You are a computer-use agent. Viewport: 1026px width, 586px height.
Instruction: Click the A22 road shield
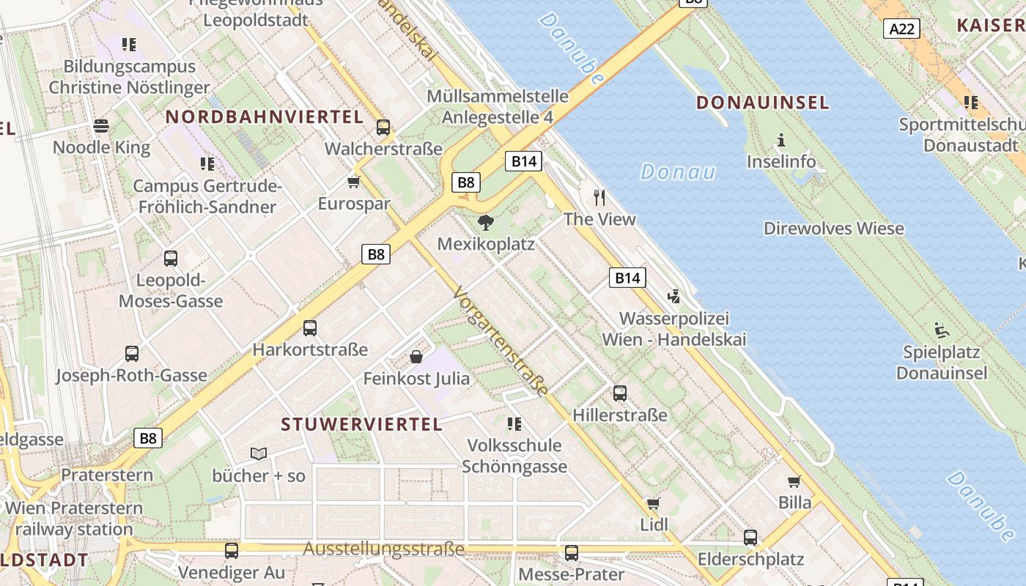click(x=901, y=29)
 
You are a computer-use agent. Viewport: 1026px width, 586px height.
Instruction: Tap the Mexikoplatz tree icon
click(x=485, y=222)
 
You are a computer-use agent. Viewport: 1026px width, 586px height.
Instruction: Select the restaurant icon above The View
click(x=599, y=197)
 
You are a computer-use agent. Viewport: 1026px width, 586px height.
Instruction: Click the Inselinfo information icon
click(x=781, y=140)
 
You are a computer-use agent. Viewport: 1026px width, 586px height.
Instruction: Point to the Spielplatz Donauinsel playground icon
click(x=942, y=330)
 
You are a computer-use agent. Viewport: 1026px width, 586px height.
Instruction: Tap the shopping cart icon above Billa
click(x=794, y=481)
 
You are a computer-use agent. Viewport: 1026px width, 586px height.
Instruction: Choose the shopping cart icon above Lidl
click(x=653, y=503)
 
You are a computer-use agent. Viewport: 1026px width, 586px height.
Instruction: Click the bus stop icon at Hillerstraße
click(x=620, y=393)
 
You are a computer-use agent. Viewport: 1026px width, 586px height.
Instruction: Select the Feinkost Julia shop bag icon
click(x=416, y=357)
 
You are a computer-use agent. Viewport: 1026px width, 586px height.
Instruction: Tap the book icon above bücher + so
click(x=258, y=453)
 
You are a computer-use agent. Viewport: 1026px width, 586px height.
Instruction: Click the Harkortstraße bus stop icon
click(x=310, y=327)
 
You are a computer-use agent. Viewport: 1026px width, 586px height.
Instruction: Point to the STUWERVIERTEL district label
click(x=362, y=424)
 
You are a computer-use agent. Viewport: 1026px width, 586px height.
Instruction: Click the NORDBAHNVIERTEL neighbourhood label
click(x=265, y=117)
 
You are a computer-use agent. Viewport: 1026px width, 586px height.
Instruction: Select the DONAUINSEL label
click(x=762, y=103)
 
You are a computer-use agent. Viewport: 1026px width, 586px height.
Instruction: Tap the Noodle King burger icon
click(x=101, y=126)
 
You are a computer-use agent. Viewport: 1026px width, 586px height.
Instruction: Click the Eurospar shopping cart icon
click(x=354, y=182)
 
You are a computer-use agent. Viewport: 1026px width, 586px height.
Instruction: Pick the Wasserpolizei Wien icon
click(x=674, y=297)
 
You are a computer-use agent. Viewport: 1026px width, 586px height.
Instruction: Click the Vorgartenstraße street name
click(x=501, y=341)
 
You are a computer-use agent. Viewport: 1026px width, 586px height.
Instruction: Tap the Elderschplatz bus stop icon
click(x=750, y=537)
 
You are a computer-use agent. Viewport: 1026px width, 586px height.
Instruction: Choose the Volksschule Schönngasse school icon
click(x=514, y=423)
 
